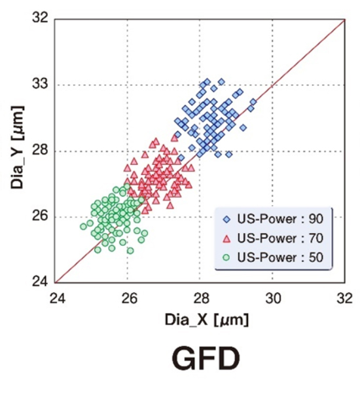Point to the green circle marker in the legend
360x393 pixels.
pyautogui.click(x=227, y=257)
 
